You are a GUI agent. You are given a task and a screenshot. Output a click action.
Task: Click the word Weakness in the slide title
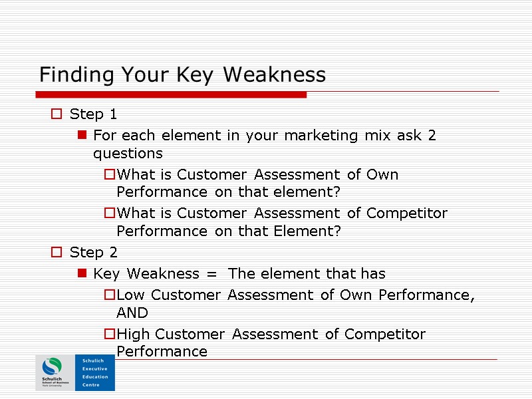tap(274, 74)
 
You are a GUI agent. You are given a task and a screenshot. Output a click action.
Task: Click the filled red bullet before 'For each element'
tap(82, 136)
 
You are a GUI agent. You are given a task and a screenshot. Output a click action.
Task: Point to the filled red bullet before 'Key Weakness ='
tap(82, 274)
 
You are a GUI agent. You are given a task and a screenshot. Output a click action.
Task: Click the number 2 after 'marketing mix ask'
tap(432, 136)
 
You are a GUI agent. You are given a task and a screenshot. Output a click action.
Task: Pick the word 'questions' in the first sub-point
tap(128, 154)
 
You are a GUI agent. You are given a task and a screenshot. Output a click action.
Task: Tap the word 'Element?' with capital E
tap(313, 231)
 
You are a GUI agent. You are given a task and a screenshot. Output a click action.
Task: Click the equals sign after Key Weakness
tap(213, 274)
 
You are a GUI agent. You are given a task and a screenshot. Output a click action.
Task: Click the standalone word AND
tap(132, 313)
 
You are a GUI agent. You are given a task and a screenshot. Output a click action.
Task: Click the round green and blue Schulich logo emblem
tap(51, 366)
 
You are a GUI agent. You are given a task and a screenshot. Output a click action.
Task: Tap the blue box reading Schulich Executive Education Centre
tap(94, 372)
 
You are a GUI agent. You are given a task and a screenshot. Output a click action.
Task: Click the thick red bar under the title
tap(173, 95)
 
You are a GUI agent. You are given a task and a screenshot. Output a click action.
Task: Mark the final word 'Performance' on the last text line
tap(162, 351)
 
